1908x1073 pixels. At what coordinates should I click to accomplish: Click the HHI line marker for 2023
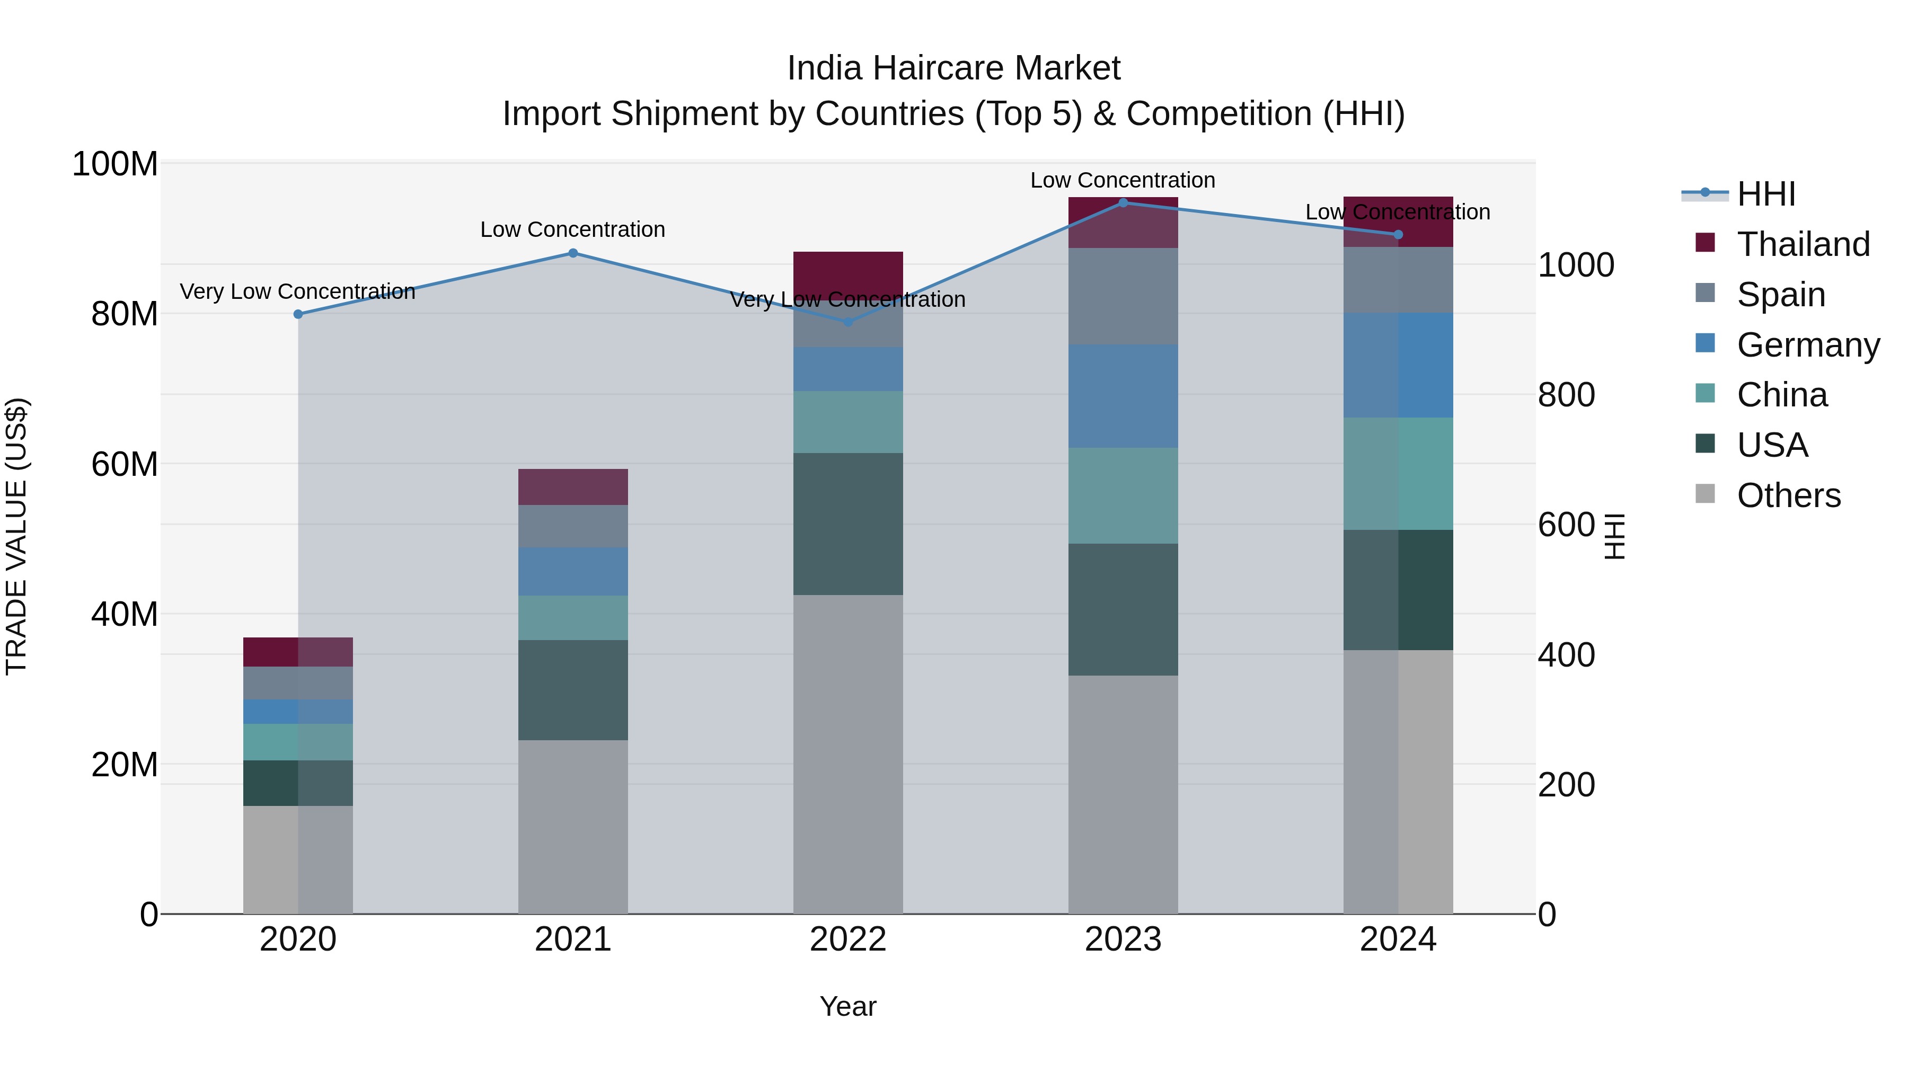pyautogui.click(x=1123, y=202)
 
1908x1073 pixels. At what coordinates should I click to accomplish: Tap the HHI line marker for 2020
pyautogui.click(x=298, y=314)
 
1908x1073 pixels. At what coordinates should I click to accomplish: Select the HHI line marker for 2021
pyautogui.click(x=572, y=253)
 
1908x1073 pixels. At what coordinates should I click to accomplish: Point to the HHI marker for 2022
pyautogui.click(x=848, y=322)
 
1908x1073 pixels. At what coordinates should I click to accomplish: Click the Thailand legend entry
pyautogui.click(x=1803, y=244)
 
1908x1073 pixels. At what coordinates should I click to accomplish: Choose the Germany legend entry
pyautogui.click(x=1807, y=345)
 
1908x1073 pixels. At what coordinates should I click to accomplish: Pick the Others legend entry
pyautogui.click(x=1788, y=495)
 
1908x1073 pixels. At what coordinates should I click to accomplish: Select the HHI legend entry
pyautogui.click(x=1766, y=194)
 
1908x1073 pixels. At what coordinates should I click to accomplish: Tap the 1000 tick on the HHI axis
pyautogui.click(x=1576, y=265)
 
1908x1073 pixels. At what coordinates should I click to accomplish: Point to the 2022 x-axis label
pyautogui.click(x=848, y=939)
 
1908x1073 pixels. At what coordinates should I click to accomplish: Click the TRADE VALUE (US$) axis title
pyautogui.click(x=16, y=536)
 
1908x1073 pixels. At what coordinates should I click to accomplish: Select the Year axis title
pyautogui.click(x=848, y=1006)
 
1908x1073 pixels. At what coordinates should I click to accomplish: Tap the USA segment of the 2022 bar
pyautogui.click(x=848, y=524)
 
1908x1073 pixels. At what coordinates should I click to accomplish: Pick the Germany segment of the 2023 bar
pyautogui.click(x=1123, y=396)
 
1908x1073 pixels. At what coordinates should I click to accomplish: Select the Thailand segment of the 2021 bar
pyautogui.click(x=572, y=486)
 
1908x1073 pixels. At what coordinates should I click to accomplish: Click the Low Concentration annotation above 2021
pyautogui.click(x=572, y=229)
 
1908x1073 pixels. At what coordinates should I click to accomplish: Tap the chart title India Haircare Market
pyautogui.click(x=953, y=68)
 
